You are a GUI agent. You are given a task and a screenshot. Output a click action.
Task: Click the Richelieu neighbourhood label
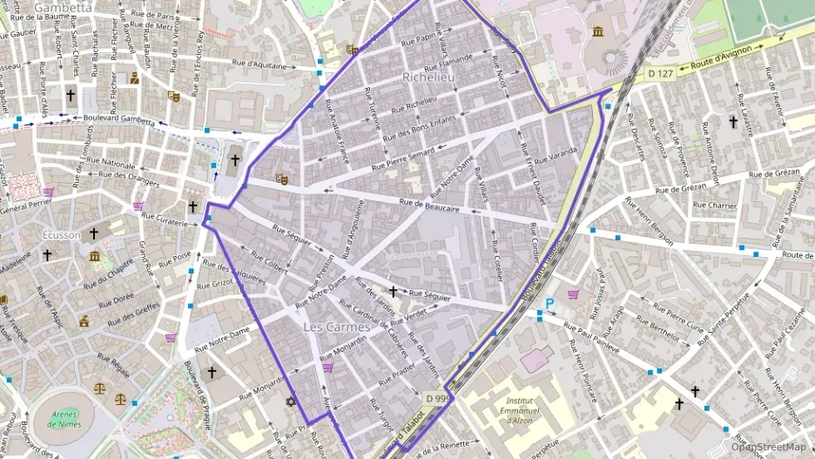430,78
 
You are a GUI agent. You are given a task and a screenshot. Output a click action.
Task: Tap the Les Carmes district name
331,327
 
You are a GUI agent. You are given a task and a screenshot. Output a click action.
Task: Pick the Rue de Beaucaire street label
429,205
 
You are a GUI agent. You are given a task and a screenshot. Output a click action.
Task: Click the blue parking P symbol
549,304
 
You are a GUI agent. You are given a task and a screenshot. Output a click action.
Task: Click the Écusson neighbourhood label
61,235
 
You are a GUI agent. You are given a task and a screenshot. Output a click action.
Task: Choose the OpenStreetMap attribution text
767,447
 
